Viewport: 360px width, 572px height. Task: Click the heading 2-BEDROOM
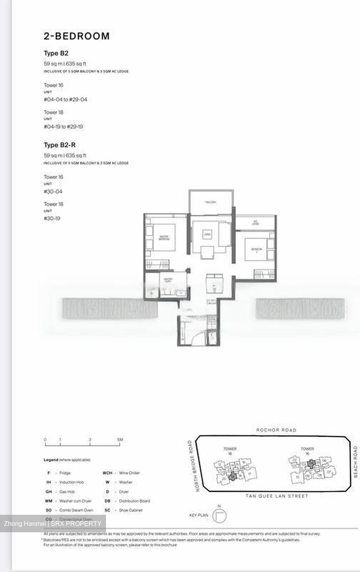point(77,36)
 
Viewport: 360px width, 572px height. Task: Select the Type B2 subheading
point(56,53)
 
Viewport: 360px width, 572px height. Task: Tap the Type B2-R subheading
point(60,145)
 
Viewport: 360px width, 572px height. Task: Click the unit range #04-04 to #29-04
point(65,100)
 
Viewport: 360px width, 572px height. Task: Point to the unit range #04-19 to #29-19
point(63,127)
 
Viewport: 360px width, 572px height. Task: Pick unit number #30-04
point(53,191)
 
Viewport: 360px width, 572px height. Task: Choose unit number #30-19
point(52,218)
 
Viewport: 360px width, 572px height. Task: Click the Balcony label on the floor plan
point(210,202)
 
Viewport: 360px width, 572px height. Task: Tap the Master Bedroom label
point(164,238)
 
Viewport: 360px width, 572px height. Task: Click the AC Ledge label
point(255,223)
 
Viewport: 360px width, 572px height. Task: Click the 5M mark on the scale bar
point(120,440)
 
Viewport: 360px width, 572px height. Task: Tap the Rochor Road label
point(276,430)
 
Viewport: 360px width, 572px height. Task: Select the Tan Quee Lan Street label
point(277,496)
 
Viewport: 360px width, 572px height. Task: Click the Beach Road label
point(355,462)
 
